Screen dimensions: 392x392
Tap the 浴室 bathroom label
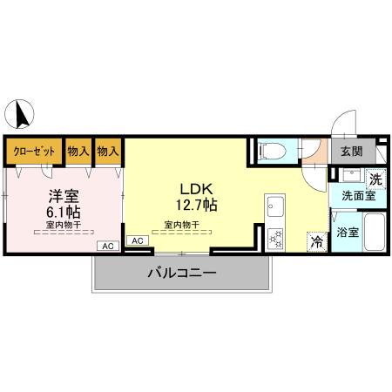pyautogui.click(x=348, y=233)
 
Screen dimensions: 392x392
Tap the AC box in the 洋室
pyautogui.click(x=108, y=247)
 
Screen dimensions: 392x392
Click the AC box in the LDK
pyautogui.click(x=138, y=240)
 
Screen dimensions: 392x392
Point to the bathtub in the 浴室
pyautogui.click(x=375, y=233)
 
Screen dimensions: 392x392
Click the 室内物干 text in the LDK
pyautogui.click(x=181, y=224)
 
